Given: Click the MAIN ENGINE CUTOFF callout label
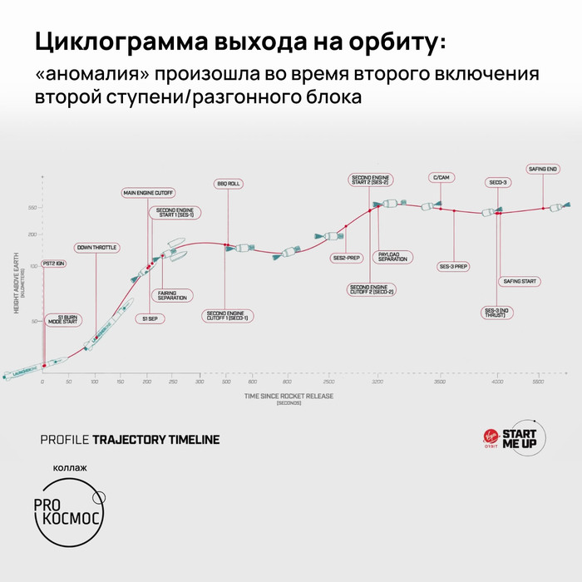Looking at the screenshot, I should coord(146,193).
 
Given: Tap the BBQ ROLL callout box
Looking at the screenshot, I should coord(226,183).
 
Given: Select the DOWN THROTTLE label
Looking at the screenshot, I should coord(96,248).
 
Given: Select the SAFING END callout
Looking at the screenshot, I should coord(543,169).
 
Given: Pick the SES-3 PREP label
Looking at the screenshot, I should coord(454,267).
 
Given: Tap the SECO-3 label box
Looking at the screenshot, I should coord(498,182).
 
